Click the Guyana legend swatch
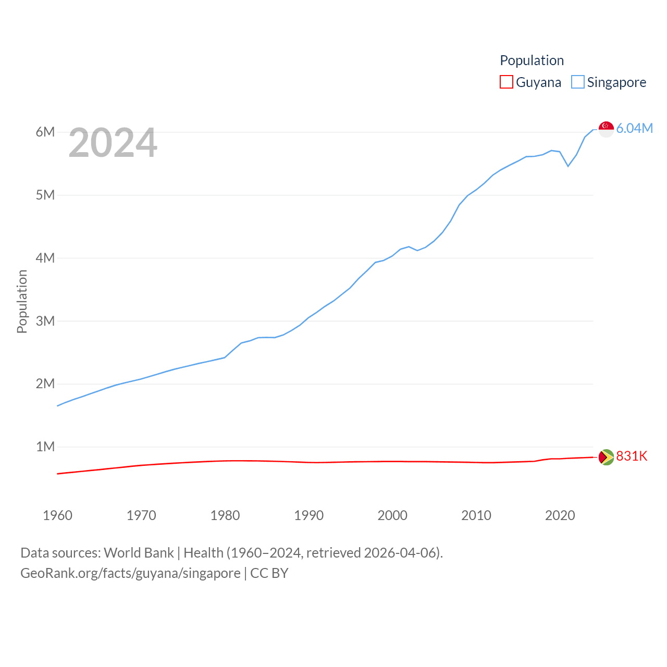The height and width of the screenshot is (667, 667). coord(506,82)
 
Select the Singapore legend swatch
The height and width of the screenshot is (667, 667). coord(578,82)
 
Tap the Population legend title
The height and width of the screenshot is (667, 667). coord(532,60)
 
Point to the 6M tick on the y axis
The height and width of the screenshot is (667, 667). coord(45,132)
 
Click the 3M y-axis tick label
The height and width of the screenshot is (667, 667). coord(45,321)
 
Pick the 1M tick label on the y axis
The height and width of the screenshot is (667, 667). coord(45,447)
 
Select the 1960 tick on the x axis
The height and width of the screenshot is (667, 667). coord(58,515)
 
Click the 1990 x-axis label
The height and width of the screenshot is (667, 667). coord(309,515)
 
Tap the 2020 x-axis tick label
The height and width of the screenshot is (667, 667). coord(560,515)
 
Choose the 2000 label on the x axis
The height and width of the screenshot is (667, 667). coord(392,515)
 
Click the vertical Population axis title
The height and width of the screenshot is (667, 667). coord(22,301)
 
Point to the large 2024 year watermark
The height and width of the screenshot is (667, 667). coord(113,143)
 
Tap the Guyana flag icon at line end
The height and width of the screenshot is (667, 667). coord(606,457)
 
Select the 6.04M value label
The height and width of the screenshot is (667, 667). coord(635,129)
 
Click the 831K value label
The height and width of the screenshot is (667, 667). coord(632,456)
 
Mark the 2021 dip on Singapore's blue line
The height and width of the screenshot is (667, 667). coord(568,166)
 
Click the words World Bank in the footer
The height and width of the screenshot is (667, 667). coord(139,552)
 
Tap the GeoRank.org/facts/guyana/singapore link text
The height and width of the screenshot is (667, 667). coord(130,573)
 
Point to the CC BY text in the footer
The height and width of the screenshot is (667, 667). coord(269,573)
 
